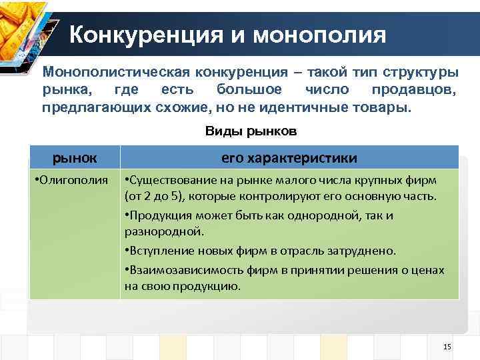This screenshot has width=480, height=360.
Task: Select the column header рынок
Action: pos(75,158)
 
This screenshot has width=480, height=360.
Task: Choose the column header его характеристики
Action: pos(289,158)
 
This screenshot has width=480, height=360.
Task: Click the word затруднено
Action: pos(365,251)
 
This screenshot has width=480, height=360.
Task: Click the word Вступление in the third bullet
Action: pos(156,251)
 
